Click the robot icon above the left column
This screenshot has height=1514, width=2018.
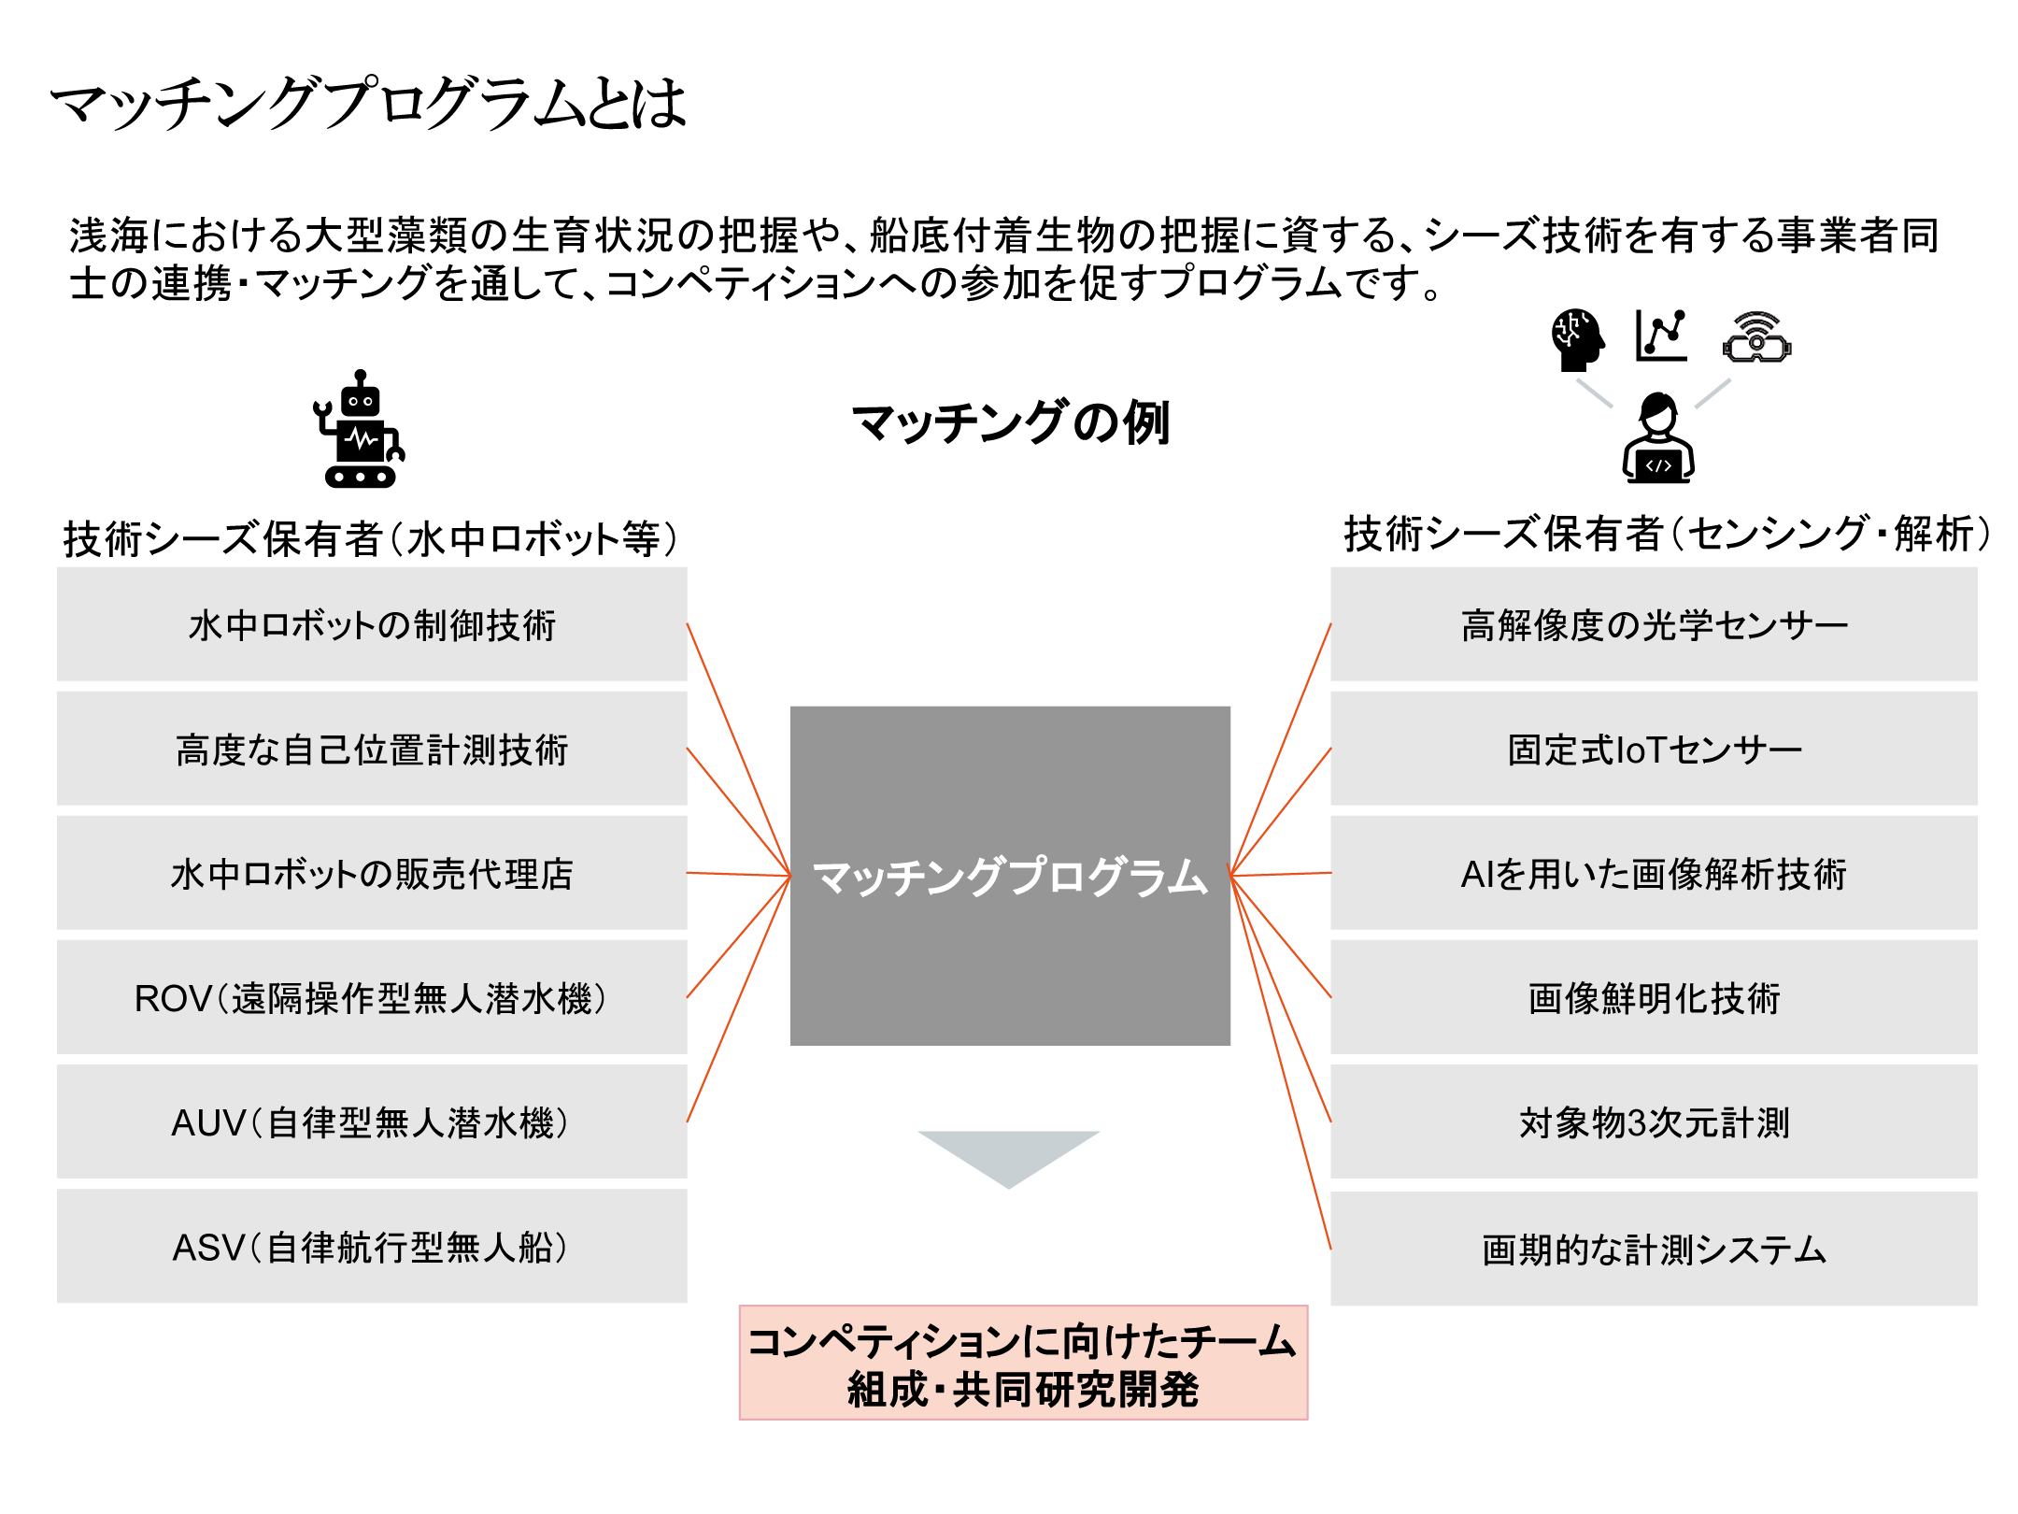(x=360, y=431)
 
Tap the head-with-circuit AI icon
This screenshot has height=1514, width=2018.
(x=1577, y=339)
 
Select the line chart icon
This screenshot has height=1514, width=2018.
(x=1661, y=336)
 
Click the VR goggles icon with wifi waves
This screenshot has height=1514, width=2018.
(x=1756, y=338)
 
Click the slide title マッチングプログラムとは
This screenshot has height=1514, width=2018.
(x=368, y=103)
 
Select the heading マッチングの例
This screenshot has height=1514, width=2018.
(x=1010, y=422)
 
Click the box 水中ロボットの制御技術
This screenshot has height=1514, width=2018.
(x=372, y=624)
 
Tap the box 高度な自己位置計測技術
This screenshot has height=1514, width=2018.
(x=372, y=749)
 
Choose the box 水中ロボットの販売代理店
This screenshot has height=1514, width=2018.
(x=372, y=873)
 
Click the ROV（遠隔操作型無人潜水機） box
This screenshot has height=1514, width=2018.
(x=372, y=997)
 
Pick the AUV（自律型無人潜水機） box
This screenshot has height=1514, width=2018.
(x=372, y=1121)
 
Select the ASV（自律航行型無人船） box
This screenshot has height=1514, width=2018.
(x=372, y=1246)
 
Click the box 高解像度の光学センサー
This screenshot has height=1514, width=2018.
(x=1654, y=624)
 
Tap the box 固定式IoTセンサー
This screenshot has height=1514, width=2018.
(x=1654, y=749)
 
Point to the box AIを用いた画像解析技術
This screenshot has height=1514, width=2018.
(x=1654, y=873)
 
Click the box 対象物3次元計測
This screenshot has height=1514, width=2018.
(x=1654, y=1121)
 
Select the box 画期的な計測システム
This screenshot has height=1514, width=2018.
(x=1654, y=1249)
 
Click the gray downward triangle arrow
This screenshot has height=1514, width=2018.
(x=1009, y=1155)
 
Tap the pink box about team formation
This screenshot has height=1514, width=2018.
(x=1023, y=1363)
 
